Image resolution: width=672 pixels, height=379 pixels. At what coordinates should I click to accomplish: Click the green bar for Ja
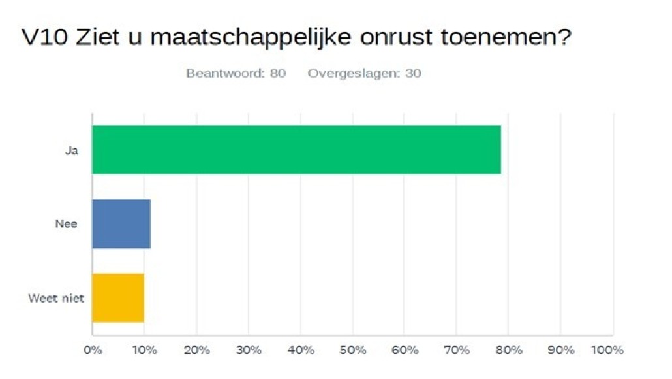(x=296, y=150)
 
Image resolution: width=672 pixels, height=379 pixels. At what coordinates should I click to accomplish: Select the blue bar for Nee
(x=121, y=223)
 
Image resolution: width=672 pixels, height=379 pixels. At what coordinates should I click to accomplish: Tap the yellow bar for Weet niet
(x=118, y=298)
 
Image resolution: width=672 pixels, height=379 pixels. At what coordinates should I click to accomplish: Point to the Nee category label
(x=67, y=224)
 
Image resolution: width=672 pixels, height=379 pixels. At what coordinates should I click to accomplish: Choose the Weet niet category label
(x=57, y=299)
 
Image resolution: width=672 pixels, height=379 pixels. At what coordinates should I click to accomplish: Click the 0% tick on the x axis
(x=93, y=350)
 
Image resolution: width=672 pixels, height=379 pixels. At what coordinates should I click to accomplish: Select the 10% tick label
(x=145, y=350)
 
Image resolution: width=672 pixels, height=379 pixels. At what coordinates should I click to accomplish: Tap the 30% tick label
(x=249, y=350)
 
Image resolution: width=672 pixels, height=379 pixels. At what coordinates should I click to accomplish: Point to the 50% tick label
(x=353, y=350)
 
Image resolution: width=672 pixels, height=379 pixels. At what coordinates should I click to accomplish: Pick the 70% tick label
(x=457, y=350)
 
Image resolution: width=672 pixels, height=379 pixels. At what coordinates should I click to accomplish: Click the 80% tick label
(x=509, y=350)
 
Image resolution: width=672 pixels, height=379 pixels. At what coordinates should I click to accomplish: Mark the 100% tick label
(x=608, y=350)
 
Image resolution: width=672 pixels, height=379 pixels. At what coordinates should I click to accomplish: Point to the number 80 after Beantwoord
(x=278, y=73)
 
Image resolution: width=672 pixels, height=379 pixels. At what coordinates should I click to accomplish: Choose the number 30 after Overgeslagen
(x=413, y=73)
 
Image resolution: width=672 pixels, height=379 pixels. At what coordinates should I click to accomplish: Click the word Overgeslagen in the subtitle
(x=354, y=73)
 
